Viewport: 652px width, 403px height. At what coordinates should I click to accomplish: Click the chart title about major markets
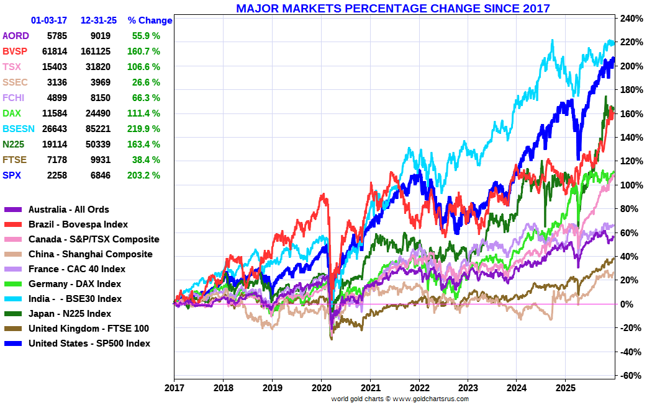tap(393, 8)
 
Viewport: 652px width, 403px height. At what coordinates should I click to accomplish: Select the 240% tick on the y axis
tap(630, 19)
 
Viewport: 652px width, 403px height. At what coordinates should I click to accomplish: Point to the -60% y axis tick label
tap(630, 376)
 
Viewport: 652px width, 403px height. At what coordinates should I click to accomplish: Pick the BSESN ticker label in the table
tap(16, 129)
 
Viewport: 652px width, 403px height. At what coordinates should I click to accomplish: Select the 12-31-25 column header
tap(98, 20)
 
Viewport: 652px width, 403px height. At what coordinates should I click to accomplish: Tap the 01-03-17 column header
tap(48, 20)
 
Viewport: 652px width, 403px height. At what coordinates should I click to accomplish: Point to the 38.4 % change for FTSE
tap(146, 160)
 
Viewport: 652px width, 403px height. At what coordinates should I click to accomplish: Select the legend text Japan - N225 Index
tap(70, 314)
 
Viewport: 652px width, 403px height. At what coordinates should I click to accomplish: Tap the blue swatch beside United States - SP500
tap(13, 343)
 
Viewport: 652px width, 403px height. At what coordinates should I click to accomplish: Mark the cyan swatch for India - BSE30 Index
tap(13, 299)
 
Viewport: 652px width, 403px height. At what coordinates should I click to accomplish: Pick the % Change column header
tap(150, 20)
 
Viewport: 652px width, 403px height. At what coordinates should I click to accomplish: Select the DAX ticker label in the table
tap(12, 113)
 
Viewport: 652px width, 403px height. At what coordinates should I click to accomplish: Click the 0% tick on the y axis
tap(627, 304)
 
